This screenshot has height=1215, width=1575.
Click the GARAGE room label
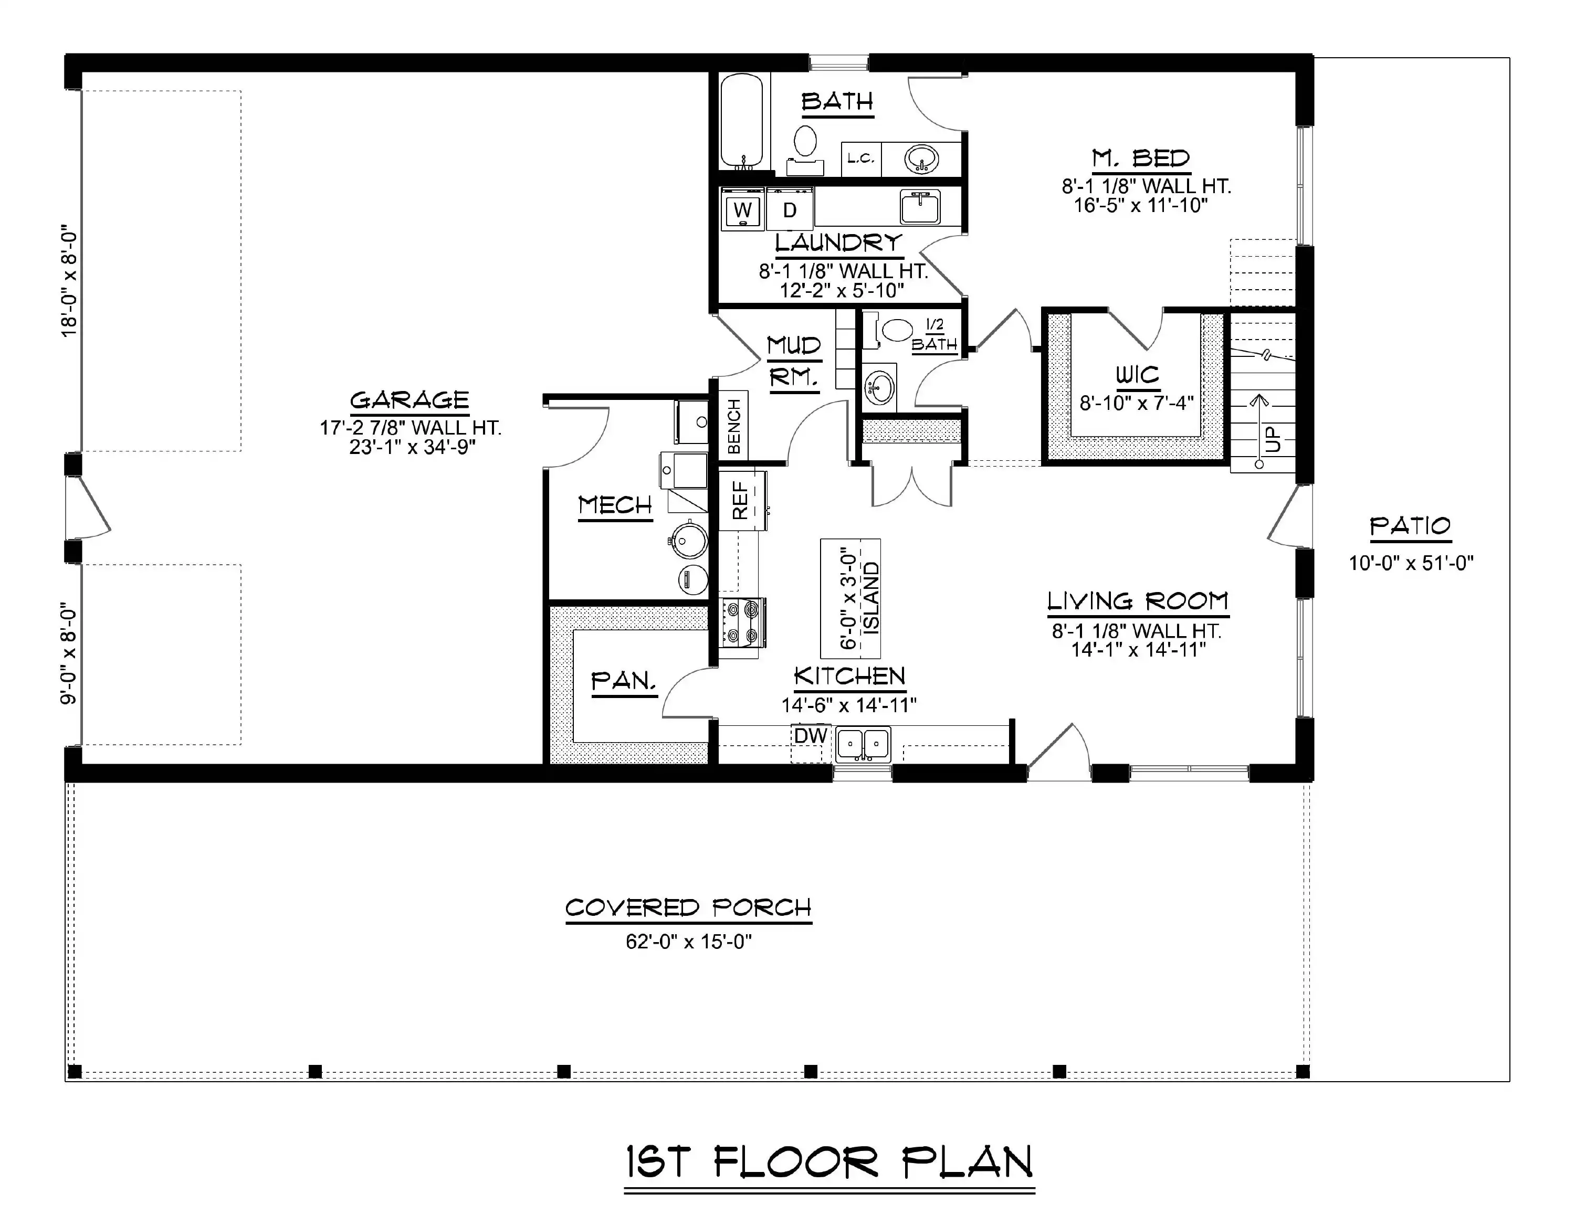(x=409, y=400)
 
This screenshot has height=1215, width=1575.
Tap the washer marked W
(x=742, y=209)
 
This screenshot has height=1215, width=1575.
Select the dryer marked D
(x=790, y=209)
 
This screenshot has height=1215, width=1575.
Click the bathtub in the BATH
(x=741, y=120)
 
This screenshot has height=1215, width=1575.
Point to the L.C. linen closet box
(x=861, y=159)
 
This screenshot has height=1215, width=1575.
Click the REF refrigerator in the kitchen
(x=742, y=500)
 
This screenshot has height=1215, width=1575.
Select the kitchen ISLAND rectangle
(x=850, y=598)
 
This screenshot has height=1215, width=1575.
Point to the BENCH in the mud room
(x=733, y=426)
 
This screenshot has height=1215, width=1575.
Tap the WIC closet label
(x=1137, y=375)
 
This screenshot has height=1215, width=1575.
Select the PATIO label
(x=1410, y=526)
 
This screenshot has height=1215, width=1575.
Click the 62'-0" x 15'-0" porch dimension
(x=689, y=942)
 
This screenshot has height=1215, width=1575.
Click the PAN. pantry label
(x=624, y=681)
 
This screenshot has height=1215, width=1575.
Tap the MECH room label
(x=615, y=505)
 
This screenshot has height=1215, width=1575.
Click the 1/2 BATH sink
(x=879, y=389)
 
